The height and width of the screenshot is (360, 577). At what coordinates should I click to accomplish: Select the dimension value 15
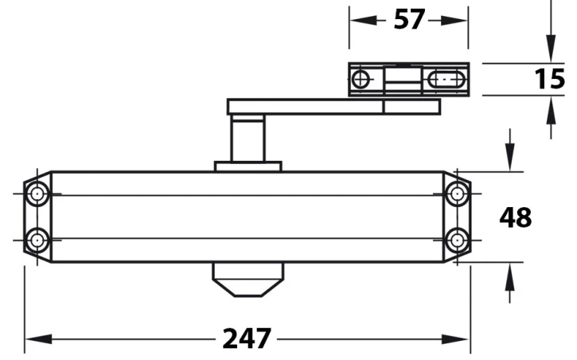[x=548, y=80]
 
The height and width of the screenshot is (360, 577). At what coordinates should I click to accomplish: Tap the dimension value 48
[x=515, y=217]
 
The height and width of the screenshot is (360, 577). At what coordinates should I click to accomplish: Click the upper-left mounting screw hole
[x=37, y=194]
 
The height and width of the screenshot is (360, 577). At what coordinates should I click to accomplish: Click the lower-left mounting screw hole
[x=37, y=239]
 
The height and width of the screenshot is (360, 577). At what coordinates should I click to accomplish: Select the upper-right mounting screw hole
[x=457, y=194]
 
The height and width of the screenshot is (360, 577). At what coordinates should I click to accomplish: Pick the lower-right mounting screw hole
[x=457, y=239]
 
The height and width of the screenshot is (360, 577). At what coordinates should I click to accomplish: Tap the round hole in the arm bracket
[x=361, y=79]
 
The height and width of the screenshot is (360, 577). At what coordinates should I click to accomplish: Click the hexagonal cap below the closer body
[x=247, y=280]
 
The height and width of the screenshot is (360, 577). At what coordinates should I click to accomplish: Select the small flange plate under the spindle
[x=248, y=166]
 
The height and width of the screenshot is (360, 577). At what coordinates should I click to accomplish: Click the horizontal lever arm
[x=318, y=107]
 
